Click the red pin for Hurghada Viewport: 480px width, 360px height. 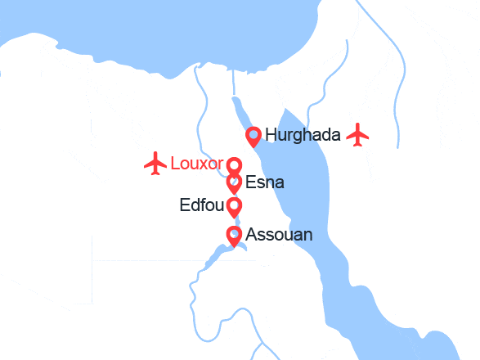point(253,135)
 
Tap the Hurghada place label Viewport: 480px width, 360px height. point(303,135)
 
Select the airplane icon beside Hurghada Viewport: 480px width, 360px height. point(357,134)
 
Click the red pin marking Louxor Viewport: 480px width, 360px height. point(234,164)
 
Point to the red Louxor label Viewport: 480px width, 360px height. point(196,163)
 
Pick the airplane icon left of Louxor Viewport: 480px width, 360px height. point(155,163)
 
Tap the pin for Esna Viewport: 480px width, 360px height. point(234,182)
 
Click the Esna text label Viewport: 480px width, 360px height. point(265,182)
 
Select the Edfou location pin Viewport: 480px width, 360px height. point(234,205)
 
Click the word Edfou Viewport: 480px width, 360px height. point(200,205)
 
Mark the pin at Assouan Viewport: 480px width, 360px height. point(234,236)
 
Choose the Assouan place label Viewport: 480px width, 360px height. point(279,236)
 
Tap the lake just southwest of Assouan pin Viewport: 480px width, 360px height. point(214,257)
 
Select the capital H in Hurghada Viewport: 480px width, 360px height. point(271,135)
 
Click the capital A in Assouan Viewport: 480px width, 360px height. point(251,236)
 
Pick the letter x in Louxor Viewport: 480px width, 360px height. point(206,164)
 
